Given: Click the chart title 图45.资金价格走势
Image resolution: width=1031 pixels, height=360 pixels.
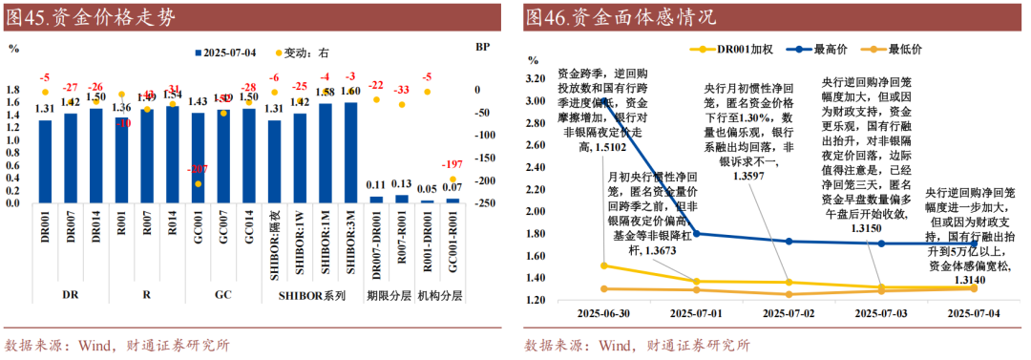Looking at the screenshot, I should pyautogui.click(x=92, y=16).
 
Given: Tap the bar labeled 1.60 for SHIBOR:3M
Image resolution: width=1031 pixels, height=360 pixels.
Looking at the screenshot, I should pyautogui.click(x=349, y=152).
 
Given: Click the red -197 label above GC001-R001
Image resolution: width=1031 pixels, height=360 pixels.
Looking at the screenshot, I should pyautogui.click(x=452, y=163).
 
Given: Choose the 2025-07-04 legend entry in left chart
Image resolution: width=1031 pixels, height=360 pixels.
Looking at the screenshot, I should pyautogui.click(x=229, y=52).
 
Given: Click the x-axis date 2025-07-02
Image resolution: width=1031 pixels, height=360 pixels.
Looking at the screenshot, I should pyautogui.click(x=789, y=312).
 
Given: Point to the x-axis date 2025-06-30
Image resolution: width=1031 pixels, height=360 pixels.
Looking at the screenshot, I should pyautogui.click(x=603, y=312).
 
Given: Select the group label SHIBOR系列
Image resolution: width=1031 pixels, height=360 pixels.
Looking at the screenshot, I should pyautogui.click(x=311, y=296).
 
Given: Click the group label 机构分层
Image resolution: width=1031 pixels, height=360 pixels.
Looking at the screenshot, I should pyautogui.click(x=440, y=296).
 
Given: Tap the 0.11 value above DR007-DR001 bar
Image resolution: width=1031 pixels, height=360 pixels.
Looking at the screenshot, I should pyautogui.click(x=375, y=185).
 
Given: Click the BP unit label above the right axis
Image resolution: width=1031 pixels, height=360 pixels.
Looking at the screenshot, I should pyautogui.click(x=482, y=46).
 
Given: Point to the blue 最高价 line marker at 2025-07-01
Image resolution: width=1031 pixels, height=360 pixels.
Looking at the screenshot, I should pyautogui.click(x=696, y=233).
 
